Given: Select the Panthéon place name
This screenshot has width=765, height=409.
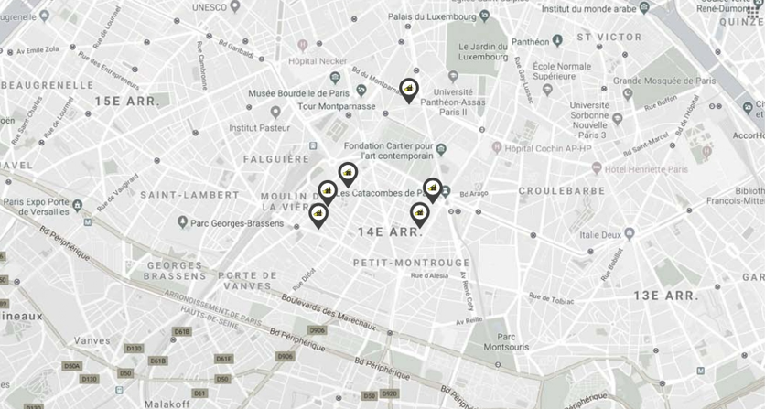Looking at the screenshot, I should [x=531, y=41].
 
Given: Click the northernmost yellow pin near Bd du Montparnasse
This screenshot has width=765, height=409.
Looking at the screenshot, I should [x=408, y=89].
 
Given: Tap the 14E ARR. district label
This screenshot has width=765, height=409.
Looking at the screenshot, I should [x=391, y=233].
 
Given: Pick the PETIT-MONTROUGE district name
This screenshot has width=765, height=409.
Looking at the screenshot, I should [x=398, y=263].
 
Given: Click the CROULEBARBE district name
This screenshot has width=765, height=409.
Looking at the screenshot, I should [x=561, y=191].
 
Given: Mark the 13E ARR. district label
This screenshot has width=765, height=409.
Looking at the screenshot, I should [x=665, y=296].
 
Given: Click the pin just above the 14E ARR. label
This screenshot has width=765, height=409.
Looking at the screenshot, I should [x=419, y=214].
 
